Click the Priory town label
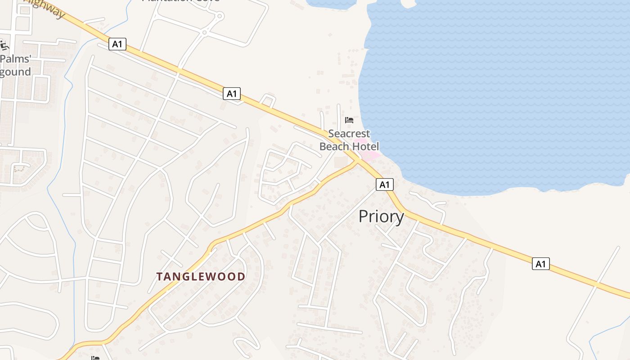click(381, 217)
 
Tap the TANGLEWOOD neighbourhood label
click(201, 276)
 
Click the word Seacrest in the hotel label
click(349, 134)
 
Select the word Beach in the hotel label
click(334, 146)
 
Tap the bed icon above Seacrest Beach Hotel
click(349, 120)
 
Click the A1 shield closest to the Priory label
click(384, 184)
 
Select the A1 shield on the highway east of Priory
click(540, 264)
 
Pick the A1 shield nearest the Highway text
click(117, 44)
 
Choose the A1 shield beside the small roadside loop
click(231, 94)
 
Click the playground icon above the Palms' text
click(4, 45)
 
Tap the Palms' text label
click(16, 59)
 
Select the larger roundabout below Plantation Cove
click(220, 16)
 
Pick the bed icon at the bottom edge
click(95, 358)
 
